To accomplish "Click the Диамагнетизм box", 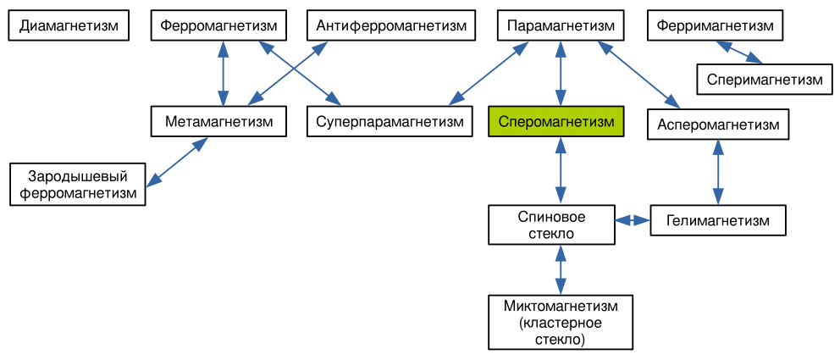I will [69, 25].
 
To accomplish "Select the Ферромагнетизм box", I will [219, 25].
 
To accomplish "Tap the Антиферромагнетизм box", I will [391, 25].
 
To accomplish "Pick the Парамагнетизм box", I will [561, 25].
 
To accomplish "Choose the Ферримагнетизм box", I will [715, 25].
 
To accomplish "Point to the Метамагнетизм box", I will [219, 122].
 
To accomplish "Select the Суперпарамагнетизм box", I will [390, 122].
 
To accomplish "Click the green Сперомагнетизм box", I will [556, 122].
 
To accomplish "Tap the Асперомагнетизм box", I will [718, 125].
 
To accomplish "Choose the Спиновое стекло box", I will [551, 225].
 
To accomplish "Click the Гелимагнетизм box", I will [718, 221].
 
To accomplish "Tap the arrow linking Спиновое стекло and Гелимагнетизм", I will [632, 221].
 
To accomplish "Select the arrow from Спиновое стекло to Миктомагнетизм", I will [560, 269].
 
